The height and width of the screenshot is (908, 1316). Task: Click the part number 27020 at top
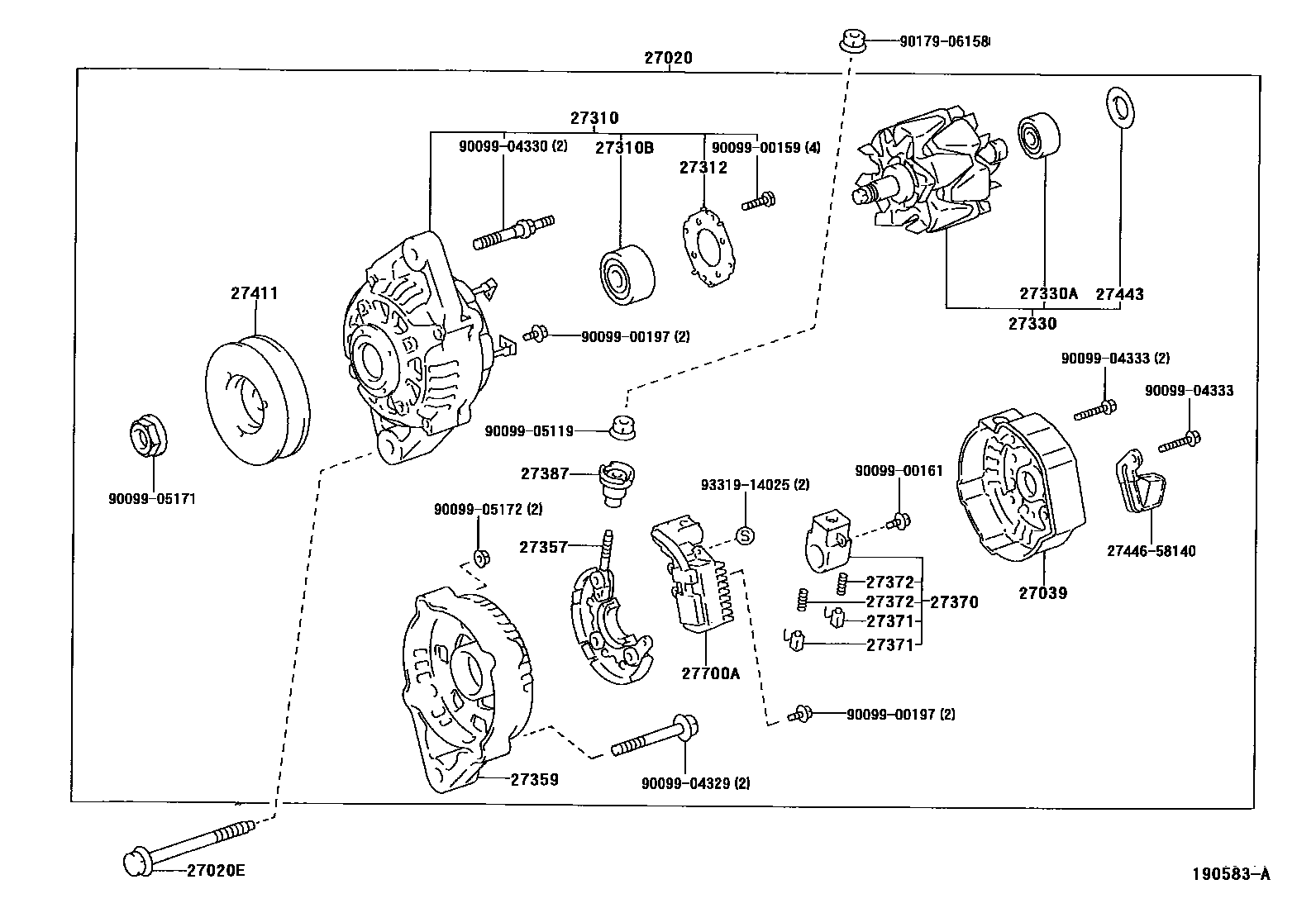coord(668,58)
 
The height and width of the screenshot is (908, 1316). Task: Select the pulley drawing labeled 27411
coord(255,402)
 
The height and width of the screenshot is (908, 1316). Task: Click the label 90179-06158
coord(944,40)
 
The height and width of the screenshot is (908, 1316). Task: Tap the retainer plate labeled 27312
coord(708,248)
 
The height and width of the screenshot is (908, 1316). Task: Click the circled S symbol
coord(744,535)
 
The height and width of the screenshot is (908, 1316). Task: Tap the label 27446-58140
coord(1151,551)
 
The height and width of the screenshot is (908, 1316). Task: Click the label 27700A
coord(710,673)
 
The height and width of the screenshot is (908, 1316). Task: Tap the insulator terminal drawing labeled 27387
coord(615,484)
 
